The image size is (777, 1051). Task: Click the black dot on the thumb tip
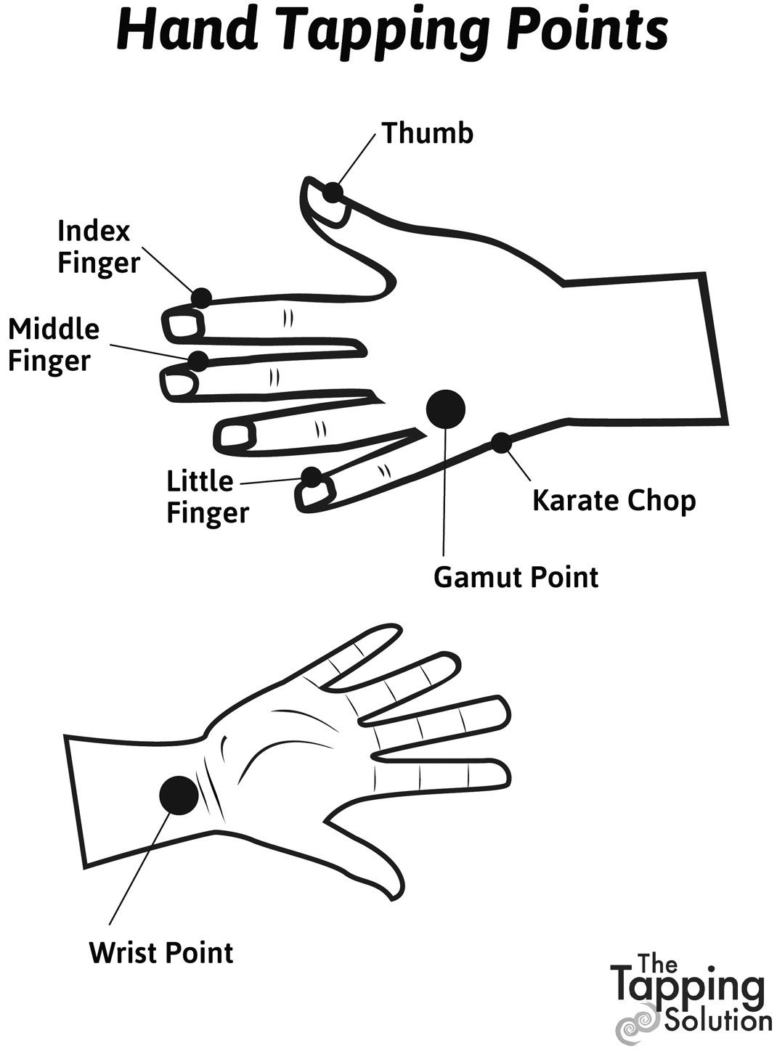[333, 192]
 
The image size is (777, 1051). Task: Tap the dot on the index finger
[201, 298]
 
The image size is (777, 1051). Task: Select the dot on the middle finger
[198, 360]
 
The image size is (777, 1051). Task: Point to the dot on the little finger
[312, 477]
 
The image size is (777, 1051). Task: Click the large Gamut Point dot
[444, 409]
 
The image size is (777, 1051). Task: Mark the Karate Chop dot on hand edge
[500, 442]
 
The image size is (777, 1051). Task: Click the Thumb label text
[427, 133]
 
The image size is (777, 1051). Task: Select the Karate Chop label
[614, 501]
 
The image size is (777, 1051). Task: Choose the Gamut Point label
[516, 578]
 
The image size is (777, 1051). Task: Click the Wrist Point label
[161, 952]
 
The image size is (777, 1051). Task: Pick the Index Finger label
[98, 247]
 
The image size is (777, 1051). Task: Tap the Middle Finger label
[53, 344]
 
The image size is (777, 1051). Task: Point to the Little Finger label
[207, 496]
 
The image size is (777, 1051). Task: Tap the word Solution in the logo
[717, 1020]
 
